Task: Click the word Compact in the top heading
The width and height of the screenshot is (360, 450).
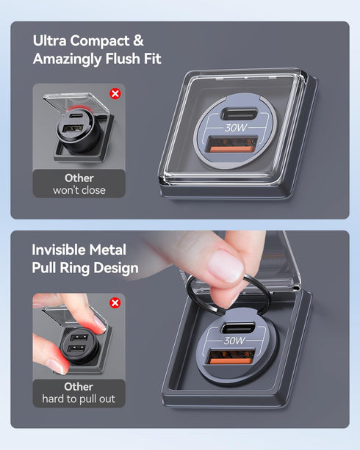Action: click(x=100, y=41)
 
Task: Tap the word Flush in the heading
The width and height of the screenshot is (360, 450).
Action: click(x=123, y=59)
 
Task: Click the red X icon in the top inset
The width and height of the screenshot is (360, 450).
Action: click(x=115, y=93)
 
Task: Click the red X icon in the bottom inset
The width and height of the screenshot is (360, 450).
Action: click(x=115, y=302)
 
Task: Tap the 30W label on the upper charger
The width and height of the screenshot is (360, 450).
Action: click(x=236, y=128)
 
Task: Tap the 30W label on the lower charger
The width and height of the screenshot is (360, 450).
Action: click(x=234, y=341)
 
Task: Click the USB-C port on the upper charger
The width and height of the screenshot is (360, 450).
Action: click(x=239, y=114)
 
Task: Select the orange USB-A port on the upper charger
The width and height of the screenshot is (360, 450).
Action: click(x=232, y=145)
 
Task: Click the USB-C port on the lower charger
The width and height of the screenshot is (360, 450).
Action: click(x=238, y=327)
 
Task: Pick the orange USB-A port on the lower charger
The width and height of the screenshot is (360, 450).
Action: click(x=231, y=357)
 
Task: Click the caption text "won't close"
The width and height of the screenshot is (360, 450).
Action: click(x=79, y=190)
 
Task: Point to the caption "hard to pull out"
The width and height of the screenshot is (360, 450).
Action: click(x=79, y=399)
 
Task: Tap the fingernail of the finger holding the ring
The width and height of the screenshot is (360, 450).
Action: click(x=226, y=266)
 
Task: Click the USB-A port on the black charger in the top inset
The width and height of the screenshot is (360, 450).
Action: click(x=73, y=128)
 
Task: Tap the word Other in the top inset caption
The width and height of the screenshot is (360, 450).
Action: click(x=79, y=178)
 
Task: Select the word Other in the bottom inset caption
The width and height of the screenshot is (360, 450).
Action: click(x=79, y=387)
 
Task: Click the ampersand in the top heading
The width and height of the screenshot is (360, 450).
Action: click(x=138, y=41)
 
